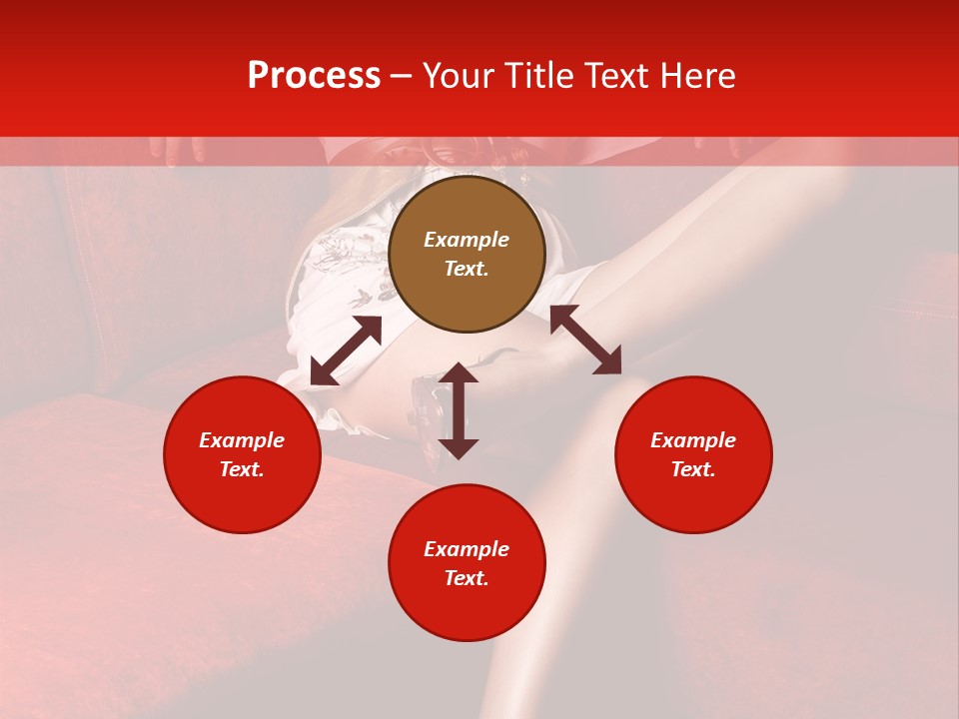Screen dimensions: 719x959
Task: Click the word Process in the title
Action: point(314,76)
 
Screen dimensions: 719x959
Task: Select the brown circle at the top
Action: point(467,255)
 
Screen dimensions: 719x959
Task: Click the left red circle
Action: point(242,454)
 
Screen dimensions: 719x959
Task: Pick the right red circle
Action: point(693,454)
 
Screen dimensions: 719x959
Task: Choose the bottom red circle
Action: point(467,563)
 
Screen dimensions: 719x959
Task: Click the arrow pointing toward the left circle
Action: point(346,351)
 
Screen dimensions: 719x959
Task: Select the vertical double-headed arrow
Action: point(459,410)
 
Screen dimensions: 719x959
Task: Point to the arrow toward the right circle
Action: point(585,340)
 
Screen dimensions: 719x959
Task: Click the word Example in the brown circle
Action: point(467,240)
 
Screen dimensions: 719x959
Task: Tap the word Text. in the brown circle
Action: point(467,269)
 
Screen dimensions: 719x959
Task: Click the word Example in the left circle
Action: point(242,440)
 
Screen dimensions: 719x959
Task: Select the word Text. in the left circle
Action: point(242,469)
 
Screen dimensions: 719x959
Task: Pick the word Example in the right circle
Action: point(693,440)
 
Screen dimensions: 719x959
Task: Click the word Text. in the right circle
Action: point(693,469)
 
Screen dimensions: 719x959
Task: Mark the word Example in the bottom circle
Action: point(467,549)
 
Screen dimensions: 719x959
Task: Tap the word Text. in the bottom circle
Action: point(467,578)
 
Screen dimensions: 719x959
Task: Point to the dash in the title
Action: point(401,77)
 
